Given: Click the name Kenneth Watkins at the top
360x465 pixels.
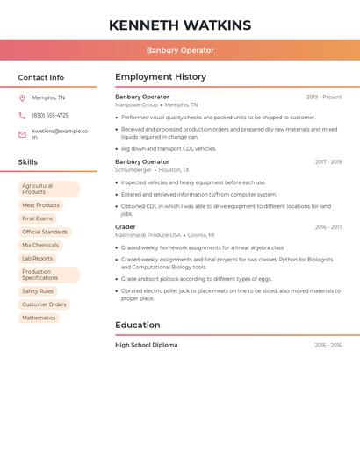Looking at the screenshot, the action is (x=180, y=25).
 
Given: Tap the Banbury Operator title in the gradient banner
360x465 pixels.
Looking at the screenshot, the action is (x=180, y=50).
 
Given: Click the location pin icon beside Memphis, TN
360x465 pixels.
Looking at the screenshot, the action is (x=22, y=97).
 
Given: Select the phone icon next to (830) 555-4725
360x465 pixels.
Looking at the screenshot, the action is (x=22, y=115).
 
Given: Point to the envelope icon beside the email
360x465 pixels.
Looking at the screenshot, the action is (x=22, y=134).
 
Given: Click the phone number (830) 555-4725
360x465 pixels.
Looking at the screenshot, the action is (x=50, y=115).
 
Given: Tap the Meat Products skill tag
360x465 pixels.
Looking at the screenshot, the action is (x=40, y=205).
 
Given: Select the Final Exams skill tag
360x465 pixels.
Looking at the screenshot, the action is (x=38, y=218).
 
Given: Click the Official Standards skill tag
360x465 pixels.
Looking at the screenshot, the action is (x=45, y=232).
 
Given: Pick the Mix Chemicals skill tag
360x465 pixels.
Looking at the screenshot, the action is (x=40, y=245).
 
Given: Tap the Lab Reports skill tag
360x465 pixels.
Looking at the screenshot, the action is (x=38, y=259).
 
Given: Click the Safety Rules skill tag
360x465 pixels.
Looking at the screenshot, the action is (x=38, y=291).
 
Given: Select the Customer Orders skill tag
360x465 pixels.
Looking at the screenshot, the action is (x=44, y=304).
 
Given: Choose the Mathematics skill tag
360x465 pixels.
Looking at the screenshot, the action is (x=39, y=318).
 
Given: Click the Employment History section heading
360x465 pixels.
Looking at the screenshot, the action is (x=161, y=77).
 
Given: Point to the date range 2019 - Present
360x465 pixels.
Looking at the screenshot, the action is (x=324, y=97).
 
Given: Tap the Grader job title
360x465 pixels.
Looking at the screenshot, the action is (x=126, y=227).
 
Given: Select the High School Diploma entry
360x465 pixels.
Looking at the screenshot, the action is (x=147, y=345).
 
